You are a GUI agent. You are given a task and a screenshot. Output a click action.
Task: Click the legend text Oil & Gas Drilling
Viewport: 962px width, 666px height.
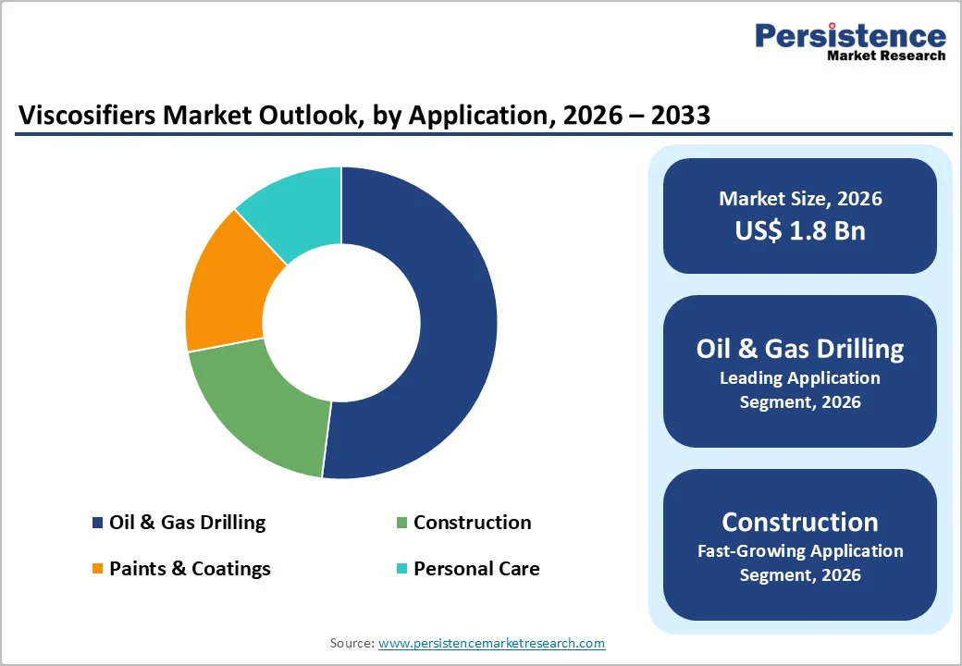click(x=187, y=523)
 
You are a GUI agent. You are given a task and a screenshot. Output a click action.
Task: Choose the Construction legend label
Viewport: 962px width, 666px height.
click(x=472, y=523)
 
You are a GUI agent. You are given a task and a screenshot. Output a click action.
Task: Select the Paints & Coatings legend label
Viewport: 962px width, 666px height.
click(x=190, y=568)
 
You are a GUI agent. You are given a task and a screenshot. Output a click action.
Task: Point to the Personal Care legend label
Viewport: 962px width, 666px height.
click(x=476, y=568)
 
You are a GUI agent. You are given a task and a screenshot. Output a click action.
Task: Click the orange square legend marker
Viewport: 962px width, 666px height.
click(x=97, y=569)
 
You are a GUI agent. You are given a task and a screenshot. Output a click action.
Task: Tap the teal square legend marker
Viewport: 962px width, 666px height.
click(x=401, y=569)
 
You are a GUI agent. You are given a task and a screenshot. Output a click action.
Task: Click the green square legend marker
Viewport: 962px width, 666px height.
click(x=401, y=524)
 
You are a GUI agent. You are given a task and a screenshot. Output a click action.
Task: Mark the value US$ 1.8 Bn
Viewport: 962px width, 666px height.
click(x=800, y=230)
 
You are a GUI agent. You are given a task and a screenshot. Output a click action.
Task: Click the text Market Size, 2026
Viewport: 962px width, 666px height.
click(x=800, y=199)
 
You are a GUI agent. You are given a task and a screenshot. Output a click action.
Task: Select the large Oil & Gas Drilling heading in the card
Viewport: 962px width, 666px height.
click(x=800, y=349)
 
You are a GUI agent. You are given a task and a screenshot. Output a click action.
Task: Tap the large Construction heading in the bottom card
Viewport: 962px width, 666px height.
click(x=800, y=522)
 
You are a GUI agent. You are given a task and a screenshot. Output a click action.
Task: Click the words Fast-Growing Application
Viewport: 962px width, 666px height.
click(x=800, y=551)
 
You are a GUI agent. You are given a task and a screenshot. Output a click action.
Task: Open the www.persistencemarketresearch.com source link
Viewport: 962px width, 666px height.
click(x=491, y=643)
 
